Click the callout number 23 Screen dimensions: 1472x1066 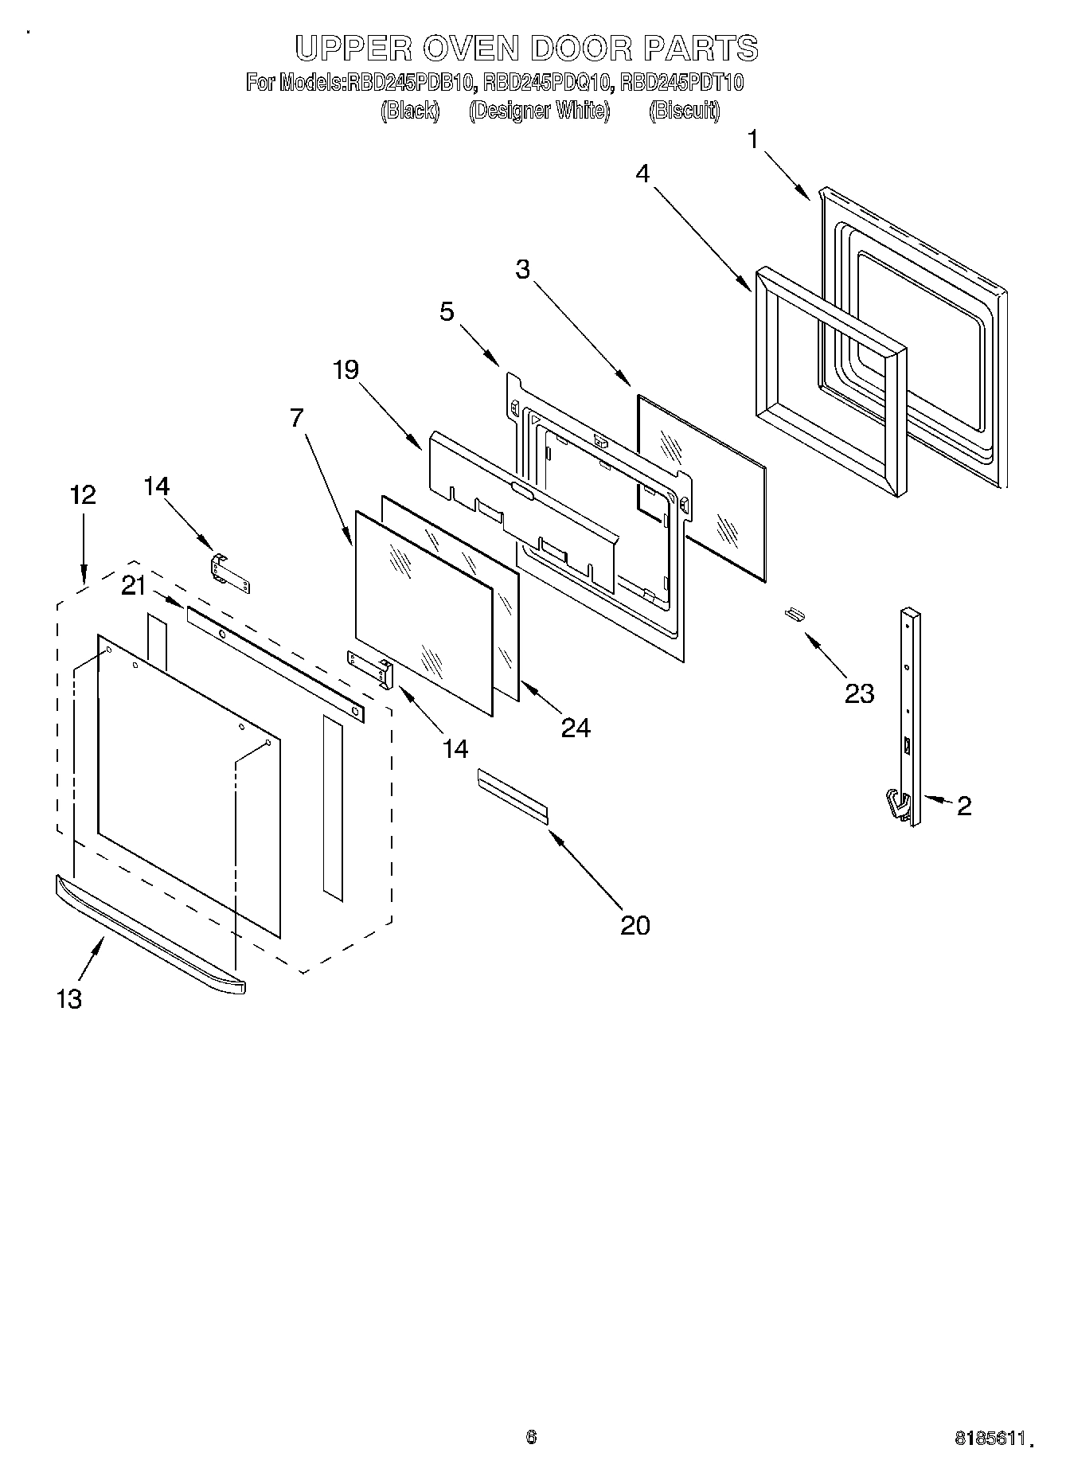pos(859,693)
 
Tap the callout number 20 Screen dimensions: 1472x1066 pos(635,925)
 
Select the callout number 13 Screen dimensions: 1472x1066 pos(69,999)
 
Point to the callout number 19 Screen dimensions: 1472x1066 pos(346,369)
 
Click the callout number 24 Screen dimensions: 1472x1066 pos(575,727)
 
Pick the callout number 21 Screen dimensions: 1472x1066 pos(134,586)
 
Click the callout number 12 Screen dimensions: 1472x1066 pos(83,494)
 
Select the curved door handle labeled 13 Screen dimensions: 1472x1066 pos(151,933)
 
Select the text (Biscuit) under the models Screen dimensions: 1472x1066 pos(684,110)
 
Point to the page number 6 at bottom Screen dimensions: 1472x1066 pos(531,1436)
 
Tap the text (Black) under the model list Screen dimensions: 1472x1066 pos(410,110)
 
